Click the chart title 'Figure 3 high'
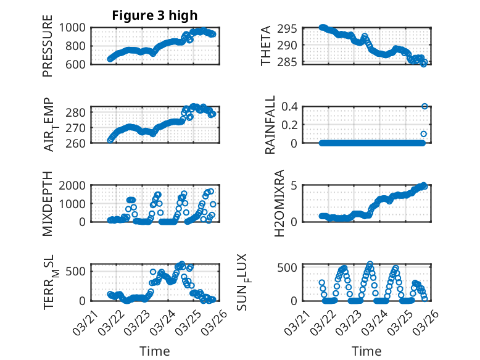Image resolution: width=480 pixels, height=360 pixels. pyautogui.click(x=154, y=15)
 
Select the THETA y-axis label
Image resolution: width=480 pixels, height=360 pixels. pyautogui.click(x=266, y=46)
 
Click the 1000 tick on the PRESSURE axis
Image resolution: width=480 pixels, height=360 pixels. pyautogui.click(x=75, y=28)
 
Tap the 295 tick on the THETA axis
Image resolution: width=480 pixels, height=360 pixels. pyautogui.click(x=290, y=28)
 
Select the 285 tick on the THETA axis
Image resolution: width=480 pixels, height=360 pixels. pyautogui.click(x=290, y=62)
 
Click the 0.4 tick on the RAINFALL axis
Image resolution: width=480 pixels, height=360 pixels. pyautogui.click(x=291, y=106)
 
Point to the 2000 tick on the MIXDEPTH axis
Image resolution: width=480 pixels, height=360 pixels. pyautogui.click(x=75, y=185)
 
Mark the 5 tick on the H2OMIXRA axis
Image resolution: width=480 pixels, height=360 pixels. pyautogui.click(x=295, y=185)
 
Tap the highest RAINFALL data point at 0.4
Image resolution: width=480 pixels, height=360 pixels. pyautogui.click(x=424, y=106)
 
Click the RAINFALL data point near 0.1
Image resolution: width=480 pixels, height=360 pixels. pyautogui.click(x=424, y=133)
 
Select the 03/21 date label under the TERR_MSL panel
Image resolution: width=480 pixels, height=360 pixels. pyautogui.click(x=85, y=322)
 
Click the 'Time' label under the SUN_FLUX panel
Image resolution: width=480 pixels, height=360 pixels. pyautogui.click(x=366, y=351)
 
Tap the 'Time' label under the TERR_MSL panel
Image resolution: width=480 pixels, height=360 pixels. pyautogui.click(x=155, y=351)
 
